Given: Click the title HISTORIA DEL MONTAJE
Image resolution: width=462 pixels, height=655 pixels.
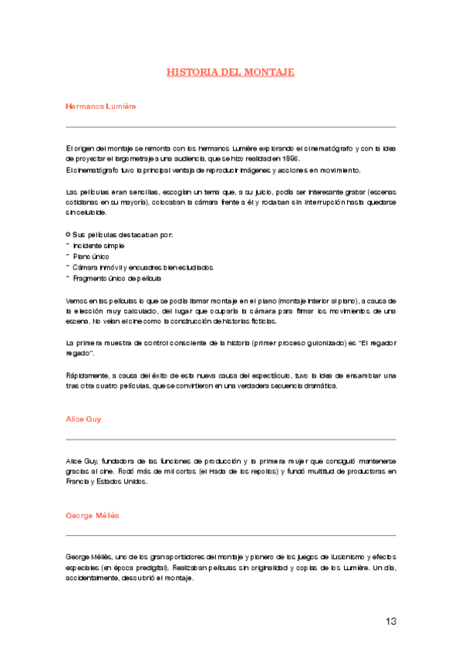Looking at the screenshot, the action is click(x=231, y=73).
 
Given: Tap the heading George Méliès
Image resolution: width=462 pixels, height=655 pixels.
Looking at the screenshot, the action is click(x=93, y=514).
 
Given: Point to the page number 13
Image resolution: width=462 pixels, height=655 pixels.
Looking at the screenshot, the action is click(x=389, y=621).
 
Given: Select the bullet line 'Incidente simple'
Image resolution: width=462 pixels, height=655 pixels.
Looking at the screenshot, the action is click(x=98, y=245).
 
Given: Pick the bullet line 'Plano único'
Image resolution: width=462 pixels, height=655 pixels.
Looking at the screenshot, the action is click(x=90, y=256).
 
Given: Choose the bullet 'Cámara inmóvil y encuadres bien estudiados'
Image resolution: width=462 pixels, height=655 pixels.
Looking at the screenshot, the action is click(x=142, y=266).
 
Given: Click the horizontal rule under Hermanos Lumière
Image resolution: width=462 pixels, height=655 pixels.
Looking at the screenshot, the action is click(x=231, y=127).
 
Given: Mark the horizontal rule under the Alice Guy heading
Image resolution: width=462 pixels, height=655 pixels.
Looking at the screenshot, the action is click(x=231, y=439).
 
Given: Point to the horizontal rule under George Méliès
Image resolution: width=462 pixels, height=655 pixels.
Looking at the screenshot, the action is click(x=231, y=535).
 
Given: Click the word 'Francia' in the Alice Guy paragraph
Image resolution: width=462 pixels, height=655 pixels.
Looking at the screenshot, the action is click(x=78, y=481).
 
